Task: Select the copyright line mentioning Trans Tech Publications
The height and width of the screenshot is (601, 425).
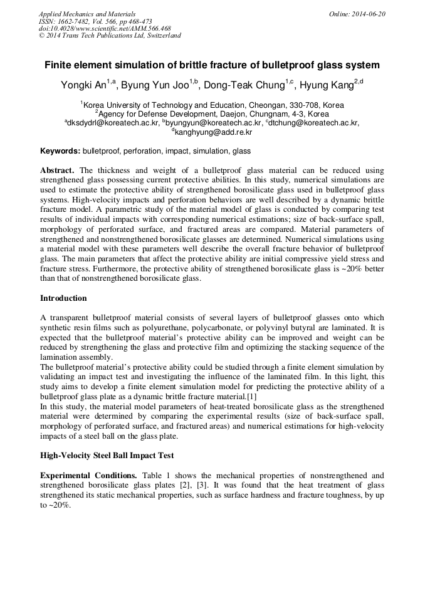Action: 110,36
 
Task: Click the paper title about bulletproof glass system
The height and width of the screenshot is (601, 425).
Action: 212,65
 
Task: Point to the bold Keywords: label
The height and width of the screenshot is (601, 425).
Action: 60,151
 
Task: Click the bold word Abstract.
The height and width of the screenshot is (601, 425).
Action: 57,170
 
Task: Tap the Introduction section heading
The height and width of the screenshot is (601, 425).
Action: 63,298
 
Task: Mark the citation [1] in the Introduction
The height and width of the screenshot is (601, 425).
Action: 251,396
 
